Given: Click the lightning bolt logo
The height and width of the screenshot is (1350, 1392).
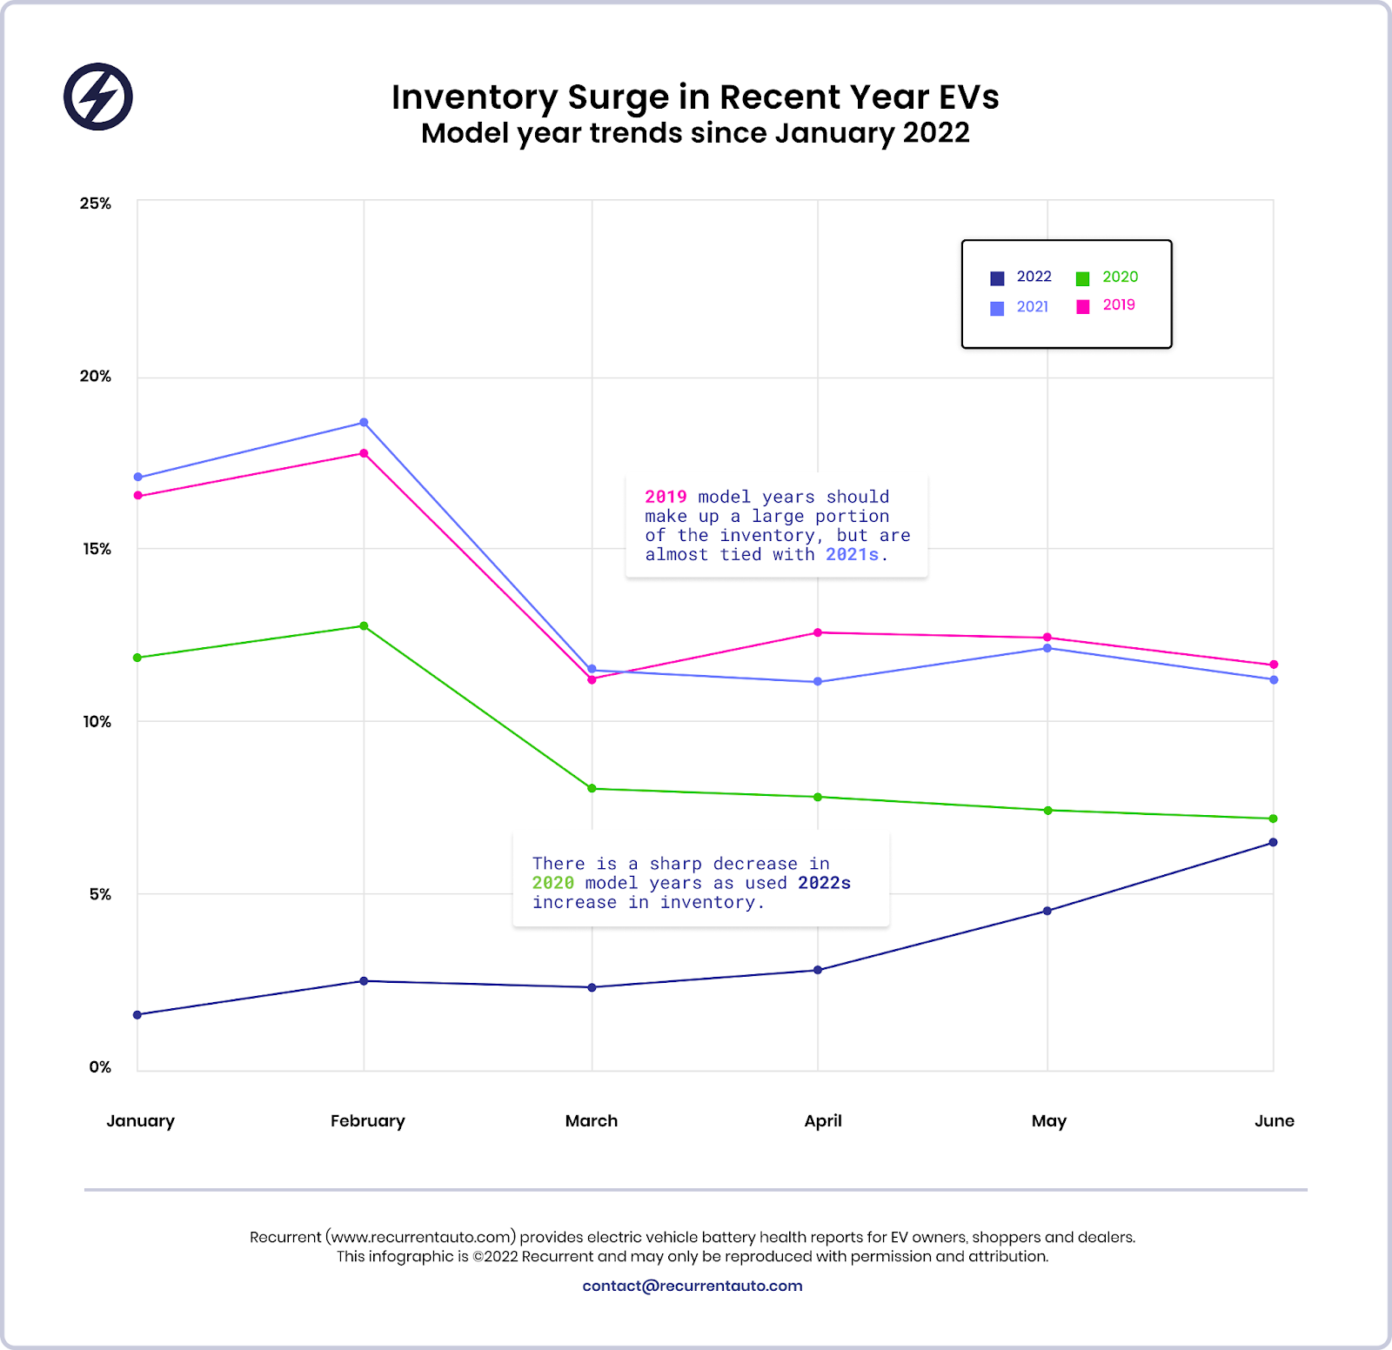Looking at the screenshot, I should point(98,97).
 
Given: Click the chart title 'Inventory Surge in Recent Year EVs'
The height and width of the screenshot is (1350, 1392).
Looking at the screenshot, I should point(695,97).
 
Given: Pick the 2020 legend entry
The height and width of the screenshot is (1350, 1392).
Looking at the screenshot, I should point(1107,277).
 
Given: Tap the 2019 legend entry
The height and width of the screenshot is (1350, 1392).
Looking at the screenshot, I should point(1106,305).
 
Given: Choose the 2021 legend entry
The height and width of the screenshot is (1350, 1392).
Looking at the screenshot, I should point(1020,307).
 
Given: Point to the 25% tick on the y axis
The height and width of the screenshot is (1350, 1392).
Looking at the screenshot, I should point(96,204).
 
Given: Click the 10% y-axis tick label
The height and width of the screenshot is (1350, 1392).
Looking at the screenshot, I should point(97,722).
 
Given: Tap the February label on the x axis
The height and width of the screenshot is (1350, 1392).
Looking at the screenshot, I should point(367,1120).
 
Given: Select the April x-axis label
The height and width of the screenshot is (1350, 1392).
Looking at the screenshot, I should point(822,1120).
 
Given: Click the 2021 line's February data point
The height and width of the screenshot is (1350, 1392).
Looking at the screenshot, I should point(364,423).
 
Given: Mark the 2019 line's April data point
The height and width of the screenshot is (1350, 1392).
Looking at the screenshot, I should point(818,632).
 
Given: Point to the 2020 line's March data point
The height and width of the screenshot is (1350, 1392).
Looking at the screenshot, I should point(592,788).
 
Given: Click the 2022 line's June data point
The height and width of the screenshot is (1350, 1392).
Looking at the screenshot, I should point(1273,842).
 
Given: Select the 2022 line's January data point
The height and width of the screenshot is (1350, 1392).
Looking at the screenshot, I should point(137,1014).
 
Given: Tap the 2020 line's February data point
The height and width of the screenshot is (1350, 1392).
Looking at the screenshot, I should point(364,626).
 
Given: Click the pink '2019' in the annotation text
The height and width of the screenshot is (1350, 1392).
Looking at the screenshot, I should point(666,497).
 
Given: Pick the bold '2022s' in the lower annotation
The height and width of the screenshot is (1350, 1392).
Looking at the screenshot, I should point(824,883).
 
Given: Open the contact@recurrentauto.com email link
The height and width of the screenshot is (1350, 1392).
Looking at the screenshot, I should point(693,1286).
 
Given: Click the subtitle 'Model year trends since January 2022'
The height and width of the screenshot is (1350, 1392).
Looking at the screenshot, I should point(695,133).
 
